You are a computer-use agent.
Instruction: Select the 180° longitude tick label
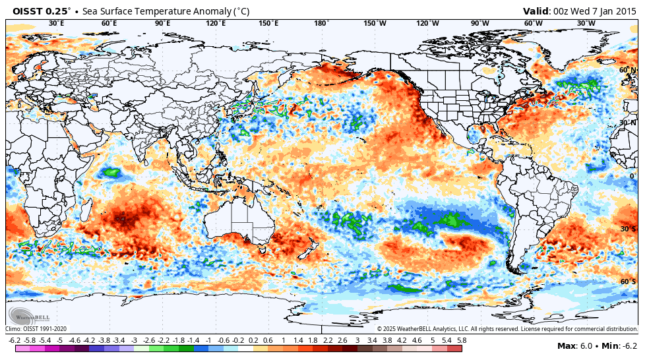pyautogui.click(x=321, y=24)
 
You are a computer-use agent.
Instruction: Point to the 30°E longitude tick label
pyautogui.click(x=57, y=24)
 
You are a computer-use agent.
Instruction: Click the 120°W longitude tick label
pyautogui.click(x=427, y=24)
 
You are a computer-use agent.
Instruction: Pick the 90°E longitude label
pyautogui.click(x=162, y=24)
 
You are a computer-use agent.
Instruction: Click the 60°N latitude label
pyautogui.click(x=627, y=70)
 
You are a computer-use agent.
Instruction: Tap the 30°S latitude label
pyautogui.click(x=628, y=229)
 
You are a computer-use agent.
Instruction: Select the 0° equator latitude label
pyautogui.click(x=632, y=176)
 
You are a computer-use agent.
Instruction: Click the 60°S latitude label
pyautogui.click(x=628, y=282)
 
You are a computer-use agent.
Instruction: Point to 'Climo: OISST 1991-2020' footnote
pyautogui.click(x=36, y=329)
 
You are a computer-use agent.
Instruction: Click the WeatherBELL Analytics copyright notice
pyautogui.click(x=507, y=329)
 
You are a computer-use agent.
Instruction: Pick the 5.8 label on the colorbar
pyautogui.click(x=462, y=340)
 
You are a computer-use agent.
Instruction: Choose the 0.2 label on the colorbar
pyautogui.click(x=253, y=340)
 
